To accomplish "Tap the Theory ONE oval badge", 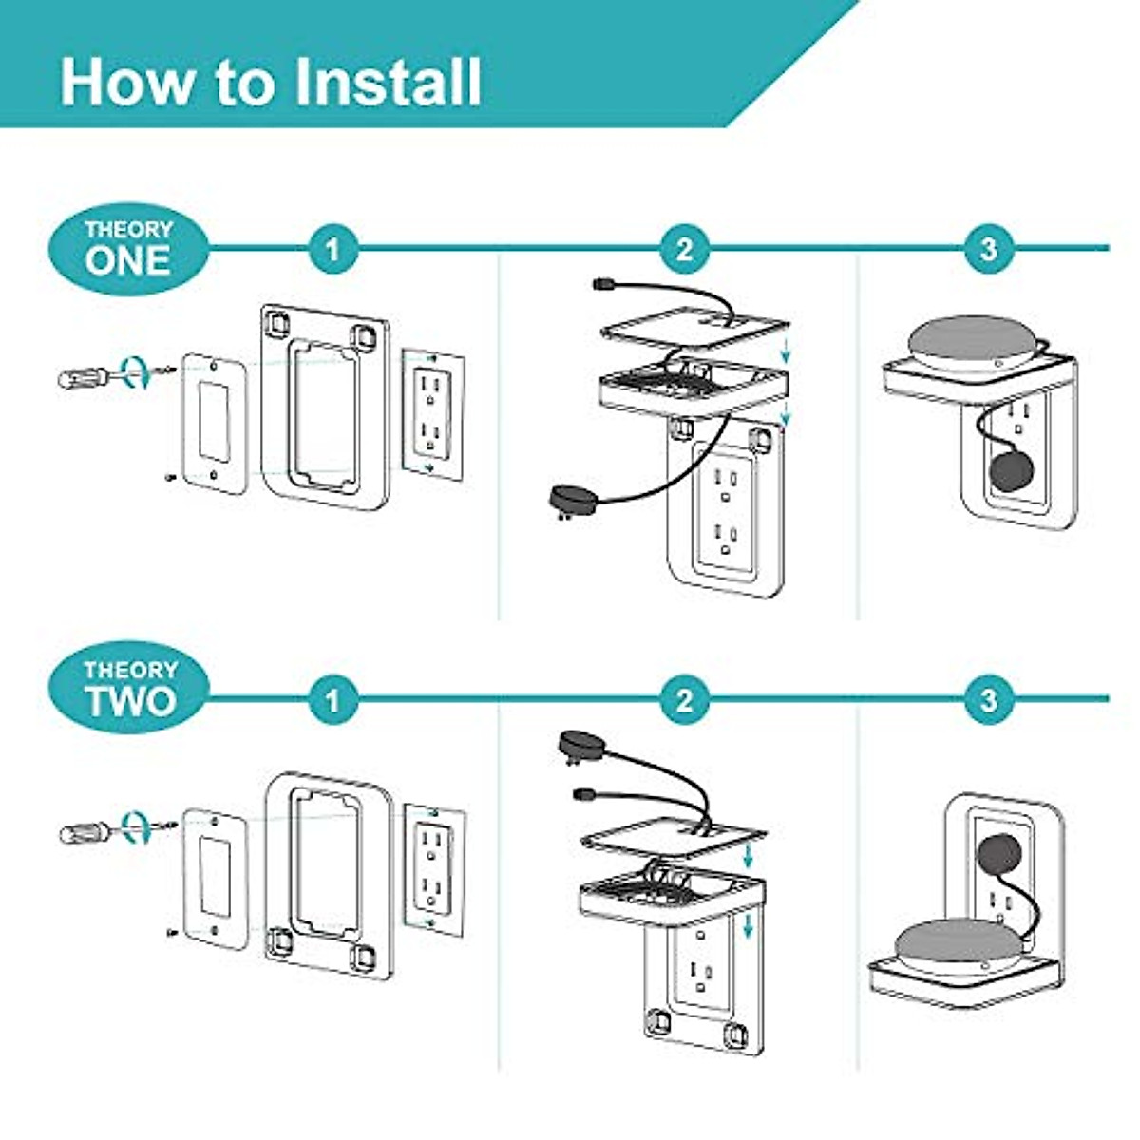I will [x=128, y=248].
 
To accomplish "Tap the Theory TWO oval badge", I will [x=128, y=688].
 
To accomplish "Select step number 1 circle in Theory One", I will [x=332, y=250].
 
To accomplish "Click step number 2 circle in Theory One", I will [x=684, y=250].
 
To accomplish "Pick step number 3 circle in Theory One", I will [x=989, y=250].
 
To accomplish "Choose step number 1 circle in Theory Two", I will [x=332, y=701].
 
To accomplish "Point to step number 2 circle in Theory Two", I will [x=684, y=701].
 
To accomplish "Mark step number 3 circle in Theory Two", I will [x=989, y=701].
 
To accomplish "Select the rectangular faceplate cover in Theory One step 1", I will [x=214, y=423].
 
